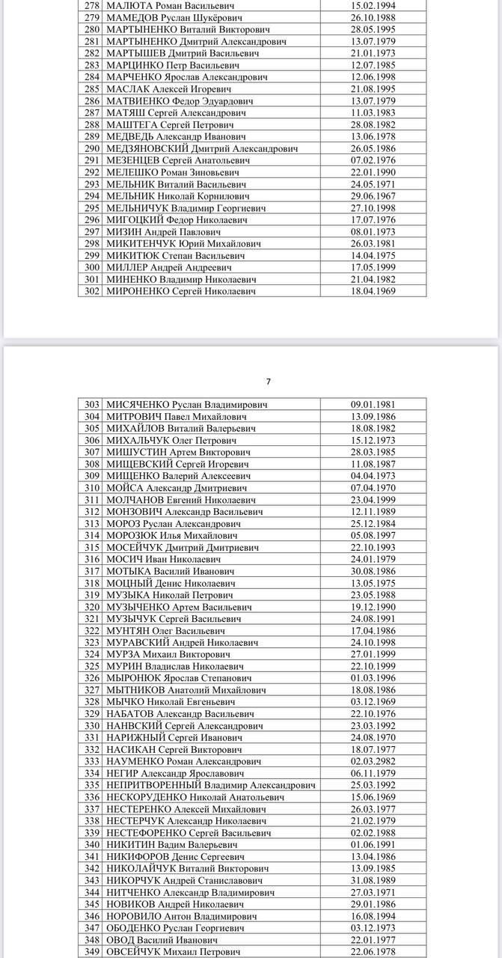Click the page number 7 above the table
268,382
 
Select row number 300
92,267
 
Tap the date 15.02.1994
373,5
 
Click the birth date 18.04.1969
373,291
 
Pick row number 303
92,405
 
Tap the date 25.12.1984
373,524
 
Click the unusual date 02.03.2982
373,761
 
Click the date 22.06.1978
373,952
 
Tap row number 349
92,952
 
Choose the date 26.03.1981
373,243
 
